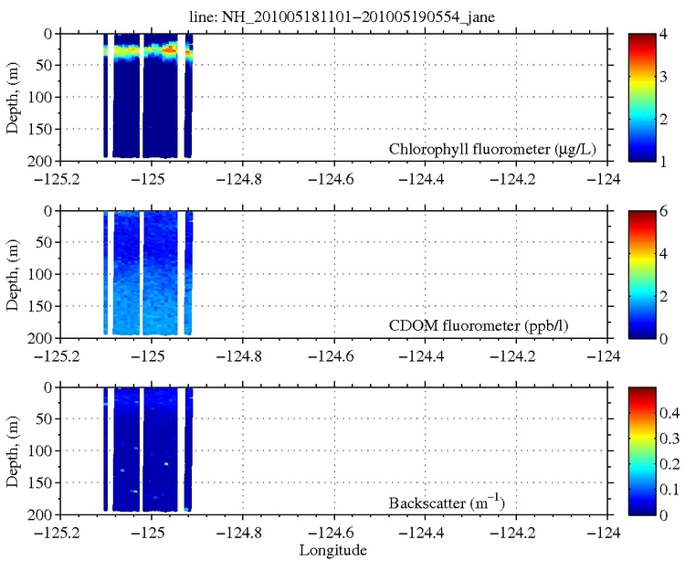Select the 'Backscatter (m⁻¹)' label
click(x=544, y=502)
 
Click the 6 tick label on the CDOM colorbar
click(x=669, y=210)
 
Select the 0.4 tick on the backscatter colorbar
click(x=673, y=414)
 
